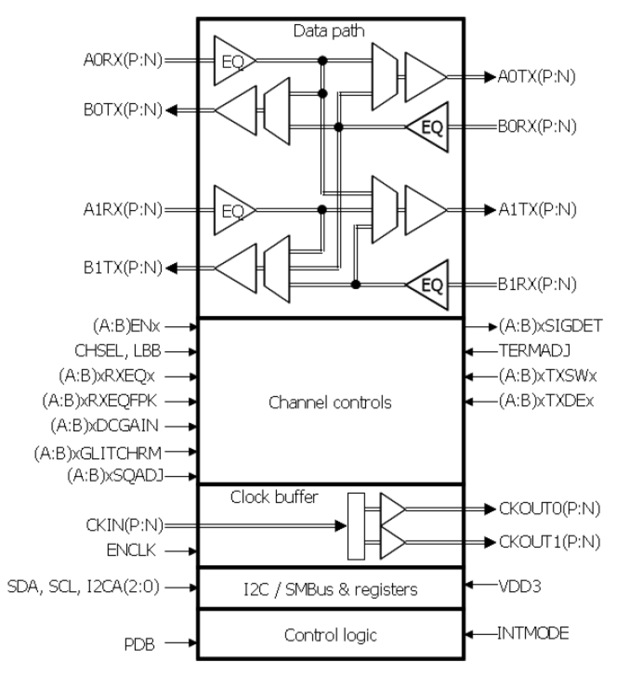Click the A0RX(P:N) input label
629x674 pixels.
[123, 61]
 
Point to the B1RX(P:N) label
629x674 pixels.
[536, 284]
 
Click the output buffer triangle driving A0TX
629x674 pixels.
[423, 77]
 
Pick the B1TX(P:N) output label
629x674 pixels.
[123, 268]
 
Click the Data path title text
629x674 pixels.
[329, 31]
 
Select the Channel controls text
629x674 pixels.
[330, 402]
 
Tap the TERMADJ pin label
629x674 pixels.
[534, 350]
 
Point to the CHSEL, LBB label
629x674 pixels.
[118, 351]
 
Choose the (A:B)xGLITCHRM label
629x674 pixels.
[98, 453]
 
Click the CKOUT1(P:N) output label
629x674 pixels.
[549, 542]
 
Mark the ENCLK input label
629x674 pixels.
[131, 550]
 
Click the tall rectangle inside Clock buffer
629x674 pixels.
[356, 526]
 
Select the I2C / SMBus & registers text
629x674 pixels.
[330, 589]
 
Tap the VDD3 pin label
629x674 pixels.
[519, 585]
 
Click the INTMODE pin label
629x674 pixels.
[533, 633]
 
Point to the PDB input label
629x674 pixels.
[139, 644]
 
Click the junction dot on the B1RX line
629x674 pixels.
[356, 285]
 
